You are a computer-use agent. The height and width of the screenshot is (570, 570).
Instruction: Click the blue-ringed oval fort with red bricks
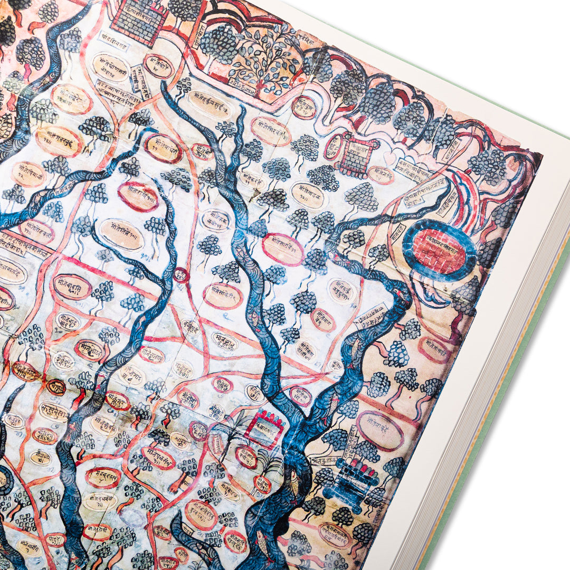439,251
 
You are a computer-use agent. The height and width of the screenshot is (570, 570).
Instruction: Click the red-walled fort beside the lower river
264,429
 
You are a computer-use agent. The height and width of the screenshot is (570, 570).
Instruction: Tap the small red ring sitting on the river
181,275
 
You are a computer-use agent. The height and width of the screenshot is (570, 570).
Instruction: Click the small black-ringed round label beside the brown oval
55,387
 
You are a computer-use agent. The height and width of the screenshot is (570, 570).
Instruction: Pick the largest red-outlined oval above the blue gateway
379,430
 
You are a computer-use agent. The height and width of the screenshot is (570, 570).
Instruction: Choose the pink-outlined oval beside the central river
283,249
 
